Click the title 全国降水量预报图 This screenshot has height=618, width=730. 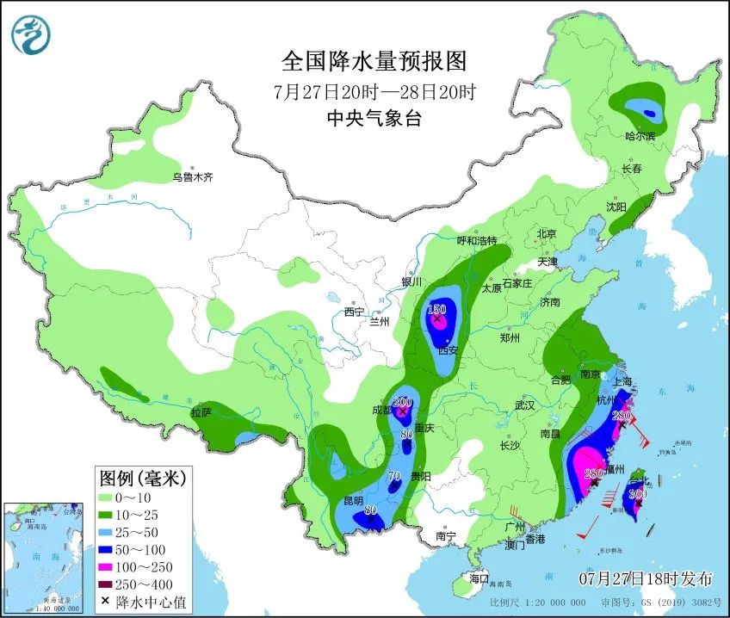point(373,62)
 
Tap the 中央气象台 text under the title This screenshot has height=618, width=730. point(373,119)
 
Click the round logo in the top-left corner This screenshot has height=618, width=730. point(31,35)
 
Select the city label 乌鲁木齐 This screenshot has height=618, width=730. point(191,177)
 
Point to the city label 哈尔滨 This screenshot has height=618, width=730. point(640,136)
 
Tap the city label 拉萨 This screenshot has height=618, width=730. point(201,413)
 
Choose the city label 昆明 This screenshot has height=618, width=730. point(353,500)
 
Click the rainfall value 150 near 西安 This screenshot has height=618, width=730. point(436,310)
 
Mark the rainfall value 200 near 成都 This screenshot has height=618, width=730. point(402,402)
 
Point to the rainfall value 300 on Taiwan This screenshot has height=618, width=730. point(637,494)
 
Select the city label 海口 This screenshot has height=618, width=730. point(479,578)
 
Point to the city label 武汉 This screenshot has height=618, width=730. point(523,405)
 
